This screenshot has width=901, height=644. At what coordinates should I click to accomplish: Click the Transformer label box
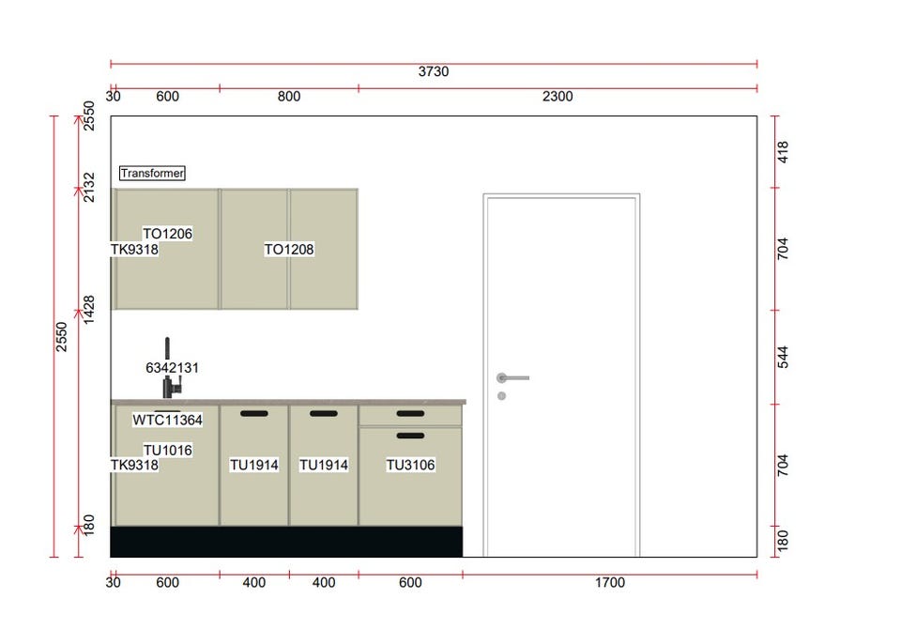point(152,173)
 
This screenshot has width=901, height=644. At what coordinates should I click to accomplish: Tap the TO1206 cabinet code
point(167,234)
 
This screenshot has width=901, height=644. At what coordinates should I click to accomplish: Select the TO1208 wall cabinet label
point(289,249)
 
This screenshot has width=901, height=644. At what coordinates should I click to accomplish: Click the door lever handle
point(512,377)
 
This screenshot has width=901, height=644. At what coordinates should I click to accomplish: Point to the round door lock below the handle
point(501,395)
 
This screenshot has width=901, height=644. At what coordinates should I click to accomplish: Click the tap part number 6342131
point(172,368)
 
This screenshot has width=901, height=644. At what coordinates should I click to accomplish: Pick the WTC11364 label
point(167,420)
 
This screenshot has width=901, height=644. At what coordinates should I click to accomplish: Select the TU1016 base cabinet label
point(168,450)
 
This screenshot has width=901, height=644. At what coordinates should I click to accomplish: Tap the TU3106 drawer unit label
point(410,465)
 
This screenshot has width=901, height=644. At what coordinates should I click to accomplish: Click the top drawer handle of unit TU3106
point(410,413)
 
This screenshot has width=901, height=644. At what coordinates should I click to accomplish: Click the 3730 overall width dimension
point(434,71)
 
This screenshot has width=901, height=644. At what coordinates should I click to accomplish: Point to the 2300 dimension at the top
point(557,96)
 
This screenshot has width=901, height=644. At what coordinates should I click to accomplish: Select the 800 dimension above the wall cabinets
point(289,96)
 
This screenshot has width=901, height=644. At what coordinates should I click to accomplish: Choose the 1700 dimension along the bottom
point(610,582)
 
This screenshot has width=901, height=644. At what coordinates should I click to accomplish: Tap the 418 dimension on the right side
point(783,152)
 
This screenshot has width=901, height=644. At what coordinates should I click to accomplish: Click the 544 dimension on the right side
point(783,357)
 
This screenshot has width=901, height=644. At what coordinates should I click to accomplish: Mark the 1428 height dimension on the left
point(88,310)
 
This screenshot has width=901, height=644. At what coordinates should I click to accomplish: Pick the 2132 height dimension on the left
point(88,187)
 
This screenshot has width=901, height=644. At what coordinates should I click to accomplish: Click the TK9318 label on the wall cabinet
point(134,249)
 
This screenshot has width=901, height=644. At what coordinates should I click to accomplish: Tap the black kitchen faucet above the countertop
point(171,368)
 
